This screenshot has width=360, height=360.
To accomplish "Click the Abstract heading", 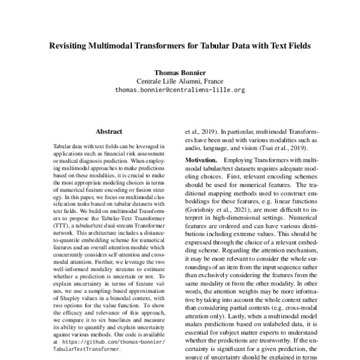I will coord(109,131).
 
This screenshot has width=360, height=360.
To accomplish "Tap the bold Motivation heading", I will coord(201,161).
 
